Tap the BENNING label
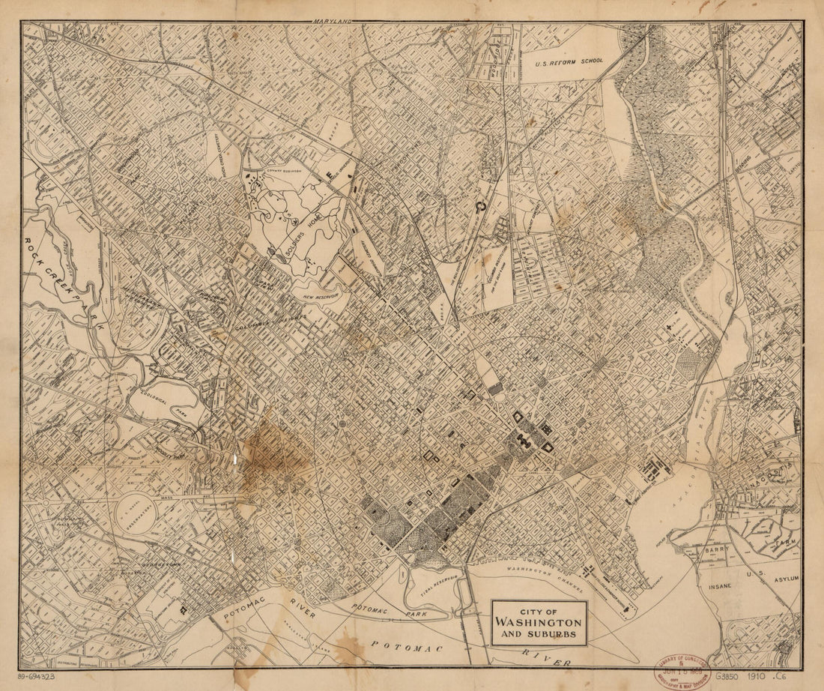(x=743, y=167)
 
